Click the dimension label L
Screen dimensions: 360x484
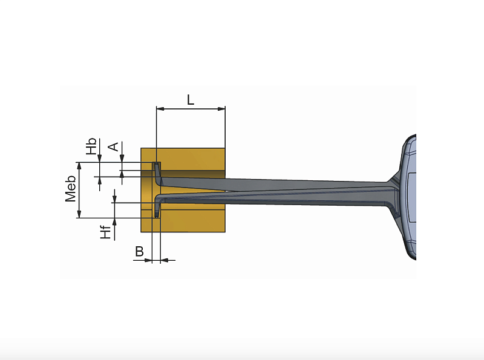pos(190,100)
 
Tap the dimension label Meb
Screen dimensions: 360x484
pos(71,189)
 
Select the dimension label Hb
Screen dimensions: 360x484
pos(90,147)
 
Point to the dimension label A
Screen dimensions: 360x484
pos(113,147)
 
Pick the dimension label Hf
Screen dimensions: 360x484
pos(106,231)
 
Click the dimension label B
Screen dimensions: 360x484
pos(139,252)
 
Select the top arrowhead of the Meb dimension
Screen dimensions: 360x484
pos(79,166)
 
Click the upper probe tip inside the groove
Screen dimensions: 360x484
pos(157,168)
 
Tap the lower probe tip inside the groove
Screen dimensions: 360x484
pos(157,212)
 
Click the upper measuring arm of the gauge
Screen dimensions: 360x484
pos(272,182)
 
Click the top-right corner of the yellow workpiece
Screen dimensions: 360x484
pos(225,148)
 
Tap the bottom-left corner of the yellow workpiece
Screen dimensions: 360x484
pos(141,232)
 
